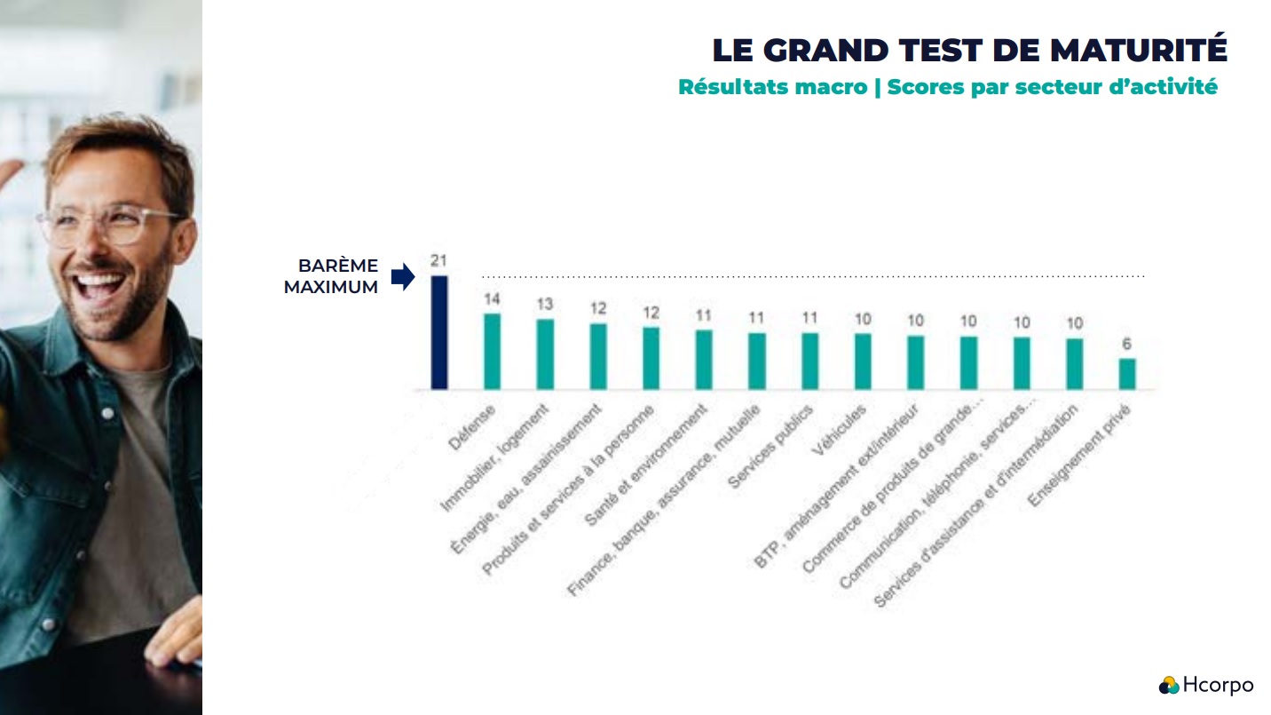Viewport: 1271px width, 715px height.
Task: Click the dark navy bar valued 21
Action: coord(439,332)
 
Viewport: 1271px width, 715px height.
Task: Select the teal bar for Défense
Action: coord(492,352)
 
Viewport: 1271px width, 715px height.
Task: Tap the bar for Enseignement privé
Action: coord(1127,374)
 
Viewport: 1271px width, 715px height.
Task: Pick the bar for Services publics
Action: coord(809,361)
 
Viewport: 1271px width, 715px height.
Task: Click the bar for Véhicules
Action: coord(863,361)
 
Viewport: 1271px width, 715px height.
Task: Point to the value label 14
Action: coord(492,299)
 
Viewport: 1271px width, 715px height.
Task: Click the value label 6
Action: coord(1127,345)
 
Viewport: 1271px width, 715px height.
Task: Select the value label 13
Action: coord(545,305)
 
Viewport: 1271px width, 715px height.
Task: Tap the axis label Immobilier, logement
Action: coord(497,458)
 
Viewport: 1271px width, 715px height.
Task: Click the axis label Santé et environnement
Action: coord(648,465)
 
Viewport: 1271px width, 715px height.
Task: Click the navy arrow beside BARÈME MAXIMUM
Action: coord(403,277)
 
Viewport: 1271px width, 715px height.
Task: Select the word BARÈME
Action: coord(338,266)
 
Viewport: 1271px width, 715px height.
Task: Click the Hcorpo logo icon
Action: coord(1169,685)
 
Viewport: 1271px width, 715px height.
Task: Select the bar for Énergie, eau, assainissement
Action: coord(598,356)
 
